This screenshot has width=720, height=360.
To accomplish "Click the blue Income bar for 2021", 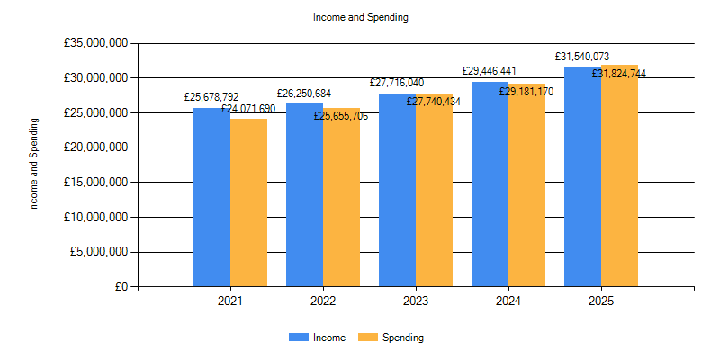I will point(211,198).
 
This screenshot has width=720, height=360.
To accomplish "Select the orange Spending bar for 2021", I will point(248,202).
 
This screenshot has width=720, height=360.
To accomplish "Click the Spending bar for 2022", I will point(341,198).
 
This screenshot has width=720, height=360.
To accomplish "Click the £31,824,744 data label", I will point(618,74).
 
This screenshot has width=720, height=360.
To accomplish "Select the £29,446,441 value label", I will point(490,70).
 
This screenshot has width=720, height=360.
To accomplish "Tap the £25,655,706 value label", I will point(341,116).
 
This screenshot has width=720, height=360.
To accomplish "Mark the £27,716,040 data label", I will point(397,83).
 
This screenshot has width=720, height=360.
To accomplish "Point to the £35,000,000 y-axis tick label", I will point(94,43).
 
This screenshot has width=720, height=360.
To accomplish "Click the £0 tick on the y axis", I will point(121,287).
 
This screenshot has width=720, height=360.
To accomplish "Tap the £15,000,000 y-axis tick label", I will point(94,183).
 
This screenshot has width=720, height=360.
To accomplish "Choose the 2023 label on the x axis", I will point(415,301).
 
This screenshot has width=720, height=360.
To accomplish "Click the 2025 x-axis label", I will point(601,301).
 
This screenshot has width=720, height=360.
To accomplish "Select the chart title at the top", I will point(359,17).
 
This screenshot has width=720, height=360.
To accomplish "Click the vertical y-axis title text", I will point(34,165).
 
